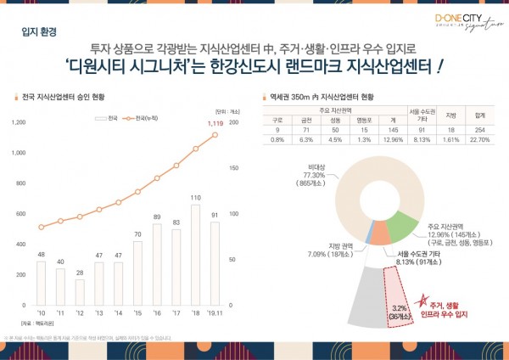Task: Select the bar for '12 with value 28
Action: [80, 291]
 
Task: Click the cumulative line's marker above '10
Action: [41, 227]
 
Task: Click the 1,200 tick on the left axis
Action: [17, 122]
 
